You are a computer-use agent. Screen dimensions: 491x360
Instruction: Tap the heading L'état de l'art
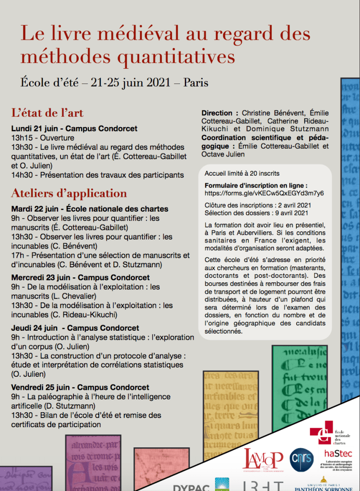[48, 113]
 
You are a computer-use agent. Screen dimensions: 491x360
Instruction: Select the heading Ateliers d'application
[69, 193]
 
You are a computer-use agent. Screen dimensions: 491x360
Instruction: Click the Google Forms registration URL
[264, 193]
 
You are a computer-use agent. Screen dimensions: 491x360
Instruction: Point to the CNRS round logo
[301, 461]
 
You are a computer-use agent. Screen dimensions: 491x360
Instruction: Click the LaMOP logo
[264, 460]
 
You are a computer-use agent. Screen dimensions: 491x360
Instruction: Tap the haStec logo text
[336, 453]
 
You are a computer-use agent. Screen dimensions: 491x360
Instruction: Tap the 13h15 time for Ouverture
[22, 137]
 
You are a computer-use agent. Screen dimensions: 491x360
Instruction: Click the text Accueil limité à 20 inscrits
[242, 173]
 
